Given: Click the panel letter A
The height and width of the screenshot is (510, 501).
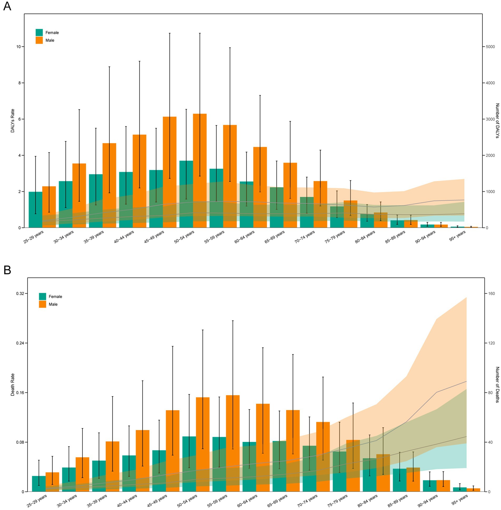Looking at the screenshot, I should click(7, 6).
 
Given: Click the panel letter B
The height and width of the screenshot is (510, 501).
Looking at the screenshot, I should click(7, 270).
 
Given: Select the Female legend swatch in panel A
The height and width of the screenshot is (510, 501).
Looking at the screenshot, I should click(39, 32).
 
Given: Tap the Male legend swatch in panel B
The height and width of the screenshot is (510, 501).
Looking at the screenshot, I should click(42, 304).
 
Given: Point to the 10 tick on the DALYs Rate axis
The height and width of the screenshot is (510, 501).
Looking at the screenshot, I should click(18, 47).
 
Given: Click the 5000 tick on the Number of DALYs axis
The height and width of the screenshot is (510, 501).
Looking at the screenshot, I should click(490, 47).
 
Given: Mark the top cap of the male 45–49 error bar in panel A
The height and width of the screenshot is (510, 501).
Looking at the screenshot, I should click(170, 33).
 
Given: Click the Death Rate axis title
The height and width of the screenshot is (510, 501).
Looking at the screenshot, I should click(12, 385).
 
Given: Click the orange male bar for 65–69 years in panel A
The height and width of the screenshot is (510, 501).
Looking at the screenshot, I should click(290, 195).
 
